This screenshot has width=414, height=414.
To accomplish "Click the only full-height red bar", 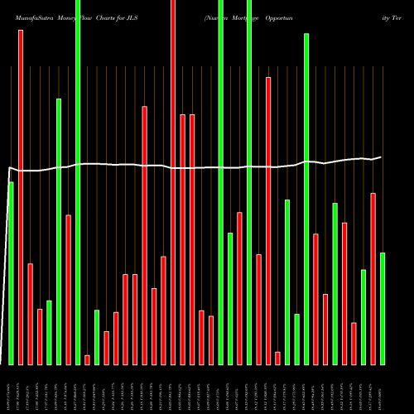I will [173, 182].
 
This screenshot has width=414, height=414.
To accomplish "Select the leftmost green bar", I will [11, 273].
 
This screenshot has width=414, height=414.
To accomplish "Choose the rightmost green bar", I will [383, 308].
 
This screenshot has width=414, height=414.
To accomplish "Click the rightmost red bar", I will [373, 278].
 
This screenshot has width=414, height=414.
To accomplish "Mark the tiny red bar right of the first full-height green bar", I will [87, 359].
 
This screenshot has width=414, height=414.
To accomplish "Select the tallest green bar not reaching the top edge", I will [306, 199].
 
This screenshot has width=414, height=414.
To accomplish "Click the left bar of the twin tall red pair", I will [183, 239].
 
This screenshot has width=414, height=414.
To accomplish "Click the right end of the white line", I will [381, 156].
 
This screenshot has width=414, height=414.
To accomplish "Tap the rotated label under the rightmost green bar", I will [383, 389].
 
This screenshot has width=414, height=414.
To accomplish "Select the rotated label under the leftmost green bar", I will [11, 389].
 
